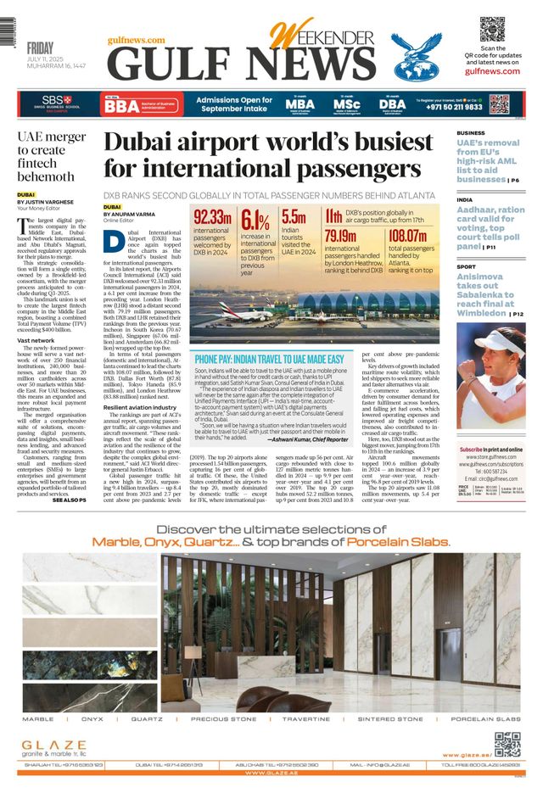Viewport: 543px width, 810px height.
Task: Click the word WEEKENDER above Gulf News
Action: coord(318,35)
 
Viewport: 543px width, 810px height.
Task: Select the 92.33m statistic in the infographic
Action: coord(213,216)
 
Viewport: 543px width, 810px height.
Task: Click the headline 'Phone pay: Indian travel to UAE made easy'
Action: coord(269,359)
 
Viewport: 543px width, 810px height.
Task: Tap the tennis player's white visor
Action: coord(499,340)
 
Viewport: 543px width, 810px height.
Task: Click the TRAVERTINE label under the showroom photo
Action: coord(306,718)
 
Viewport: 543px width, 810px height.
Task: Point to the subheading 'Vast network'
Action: coord(36,340)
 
